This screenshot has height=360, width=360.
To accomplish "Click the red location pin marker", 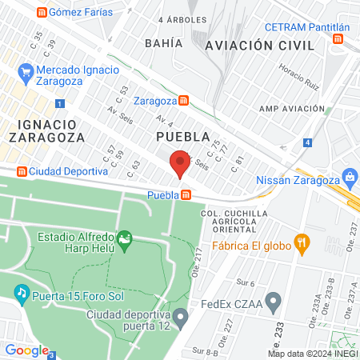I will tap(180, 165).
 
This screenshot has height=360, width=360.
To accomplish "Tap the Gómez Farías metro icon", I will tap(41, 12).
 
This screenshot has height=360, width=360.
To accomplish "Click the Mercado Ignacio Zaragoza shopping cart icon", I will tap(26, 74).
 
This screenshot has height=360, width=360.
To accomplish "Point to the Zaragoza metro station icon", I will tap(184, 101).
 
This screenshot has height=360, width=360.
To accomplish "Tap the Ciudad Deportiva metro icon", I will tap(22, 171).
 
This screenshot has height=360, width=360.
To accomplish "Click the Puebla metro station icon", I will tap(186, 194).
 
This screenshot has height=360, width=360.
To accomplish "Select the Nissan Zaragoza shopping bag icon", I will tap(349, 176).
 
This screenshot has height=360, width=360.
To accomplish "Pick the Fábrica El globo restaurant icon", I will tap(302, 242).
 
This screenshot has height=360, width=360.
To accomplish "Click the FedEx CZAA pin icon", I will tap(274, 302).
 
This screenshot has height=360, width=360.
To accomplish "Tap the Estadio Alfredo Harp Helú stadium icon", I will tap(124, 239).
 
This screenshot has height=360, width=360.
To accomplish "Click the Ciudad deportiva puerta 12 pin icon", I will tap(181, 318).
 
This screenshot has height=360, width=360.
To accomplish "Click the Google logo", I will tap(26, 350).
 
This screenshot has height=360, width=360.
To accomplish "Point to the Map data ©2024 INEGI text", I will tap(312, 353).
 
